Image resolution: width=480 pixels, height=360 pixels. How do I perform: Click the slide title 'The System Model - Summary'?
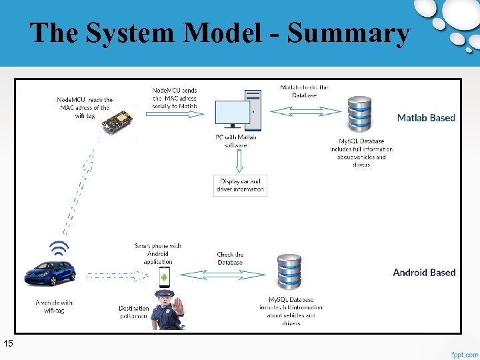219,33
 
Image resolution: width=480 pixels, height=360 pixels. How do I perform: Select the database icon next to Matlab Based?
360,115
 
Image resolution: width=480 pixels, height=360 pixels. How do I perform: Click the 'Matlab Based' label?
426,118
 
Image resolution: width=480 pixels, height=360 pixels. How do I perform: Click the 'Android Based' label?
424,272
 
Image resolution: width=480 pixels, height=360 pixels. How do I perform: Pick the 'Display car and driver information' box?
240,185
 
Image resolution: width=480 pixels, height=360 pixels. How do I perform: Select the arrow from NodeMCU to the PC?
178,114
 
